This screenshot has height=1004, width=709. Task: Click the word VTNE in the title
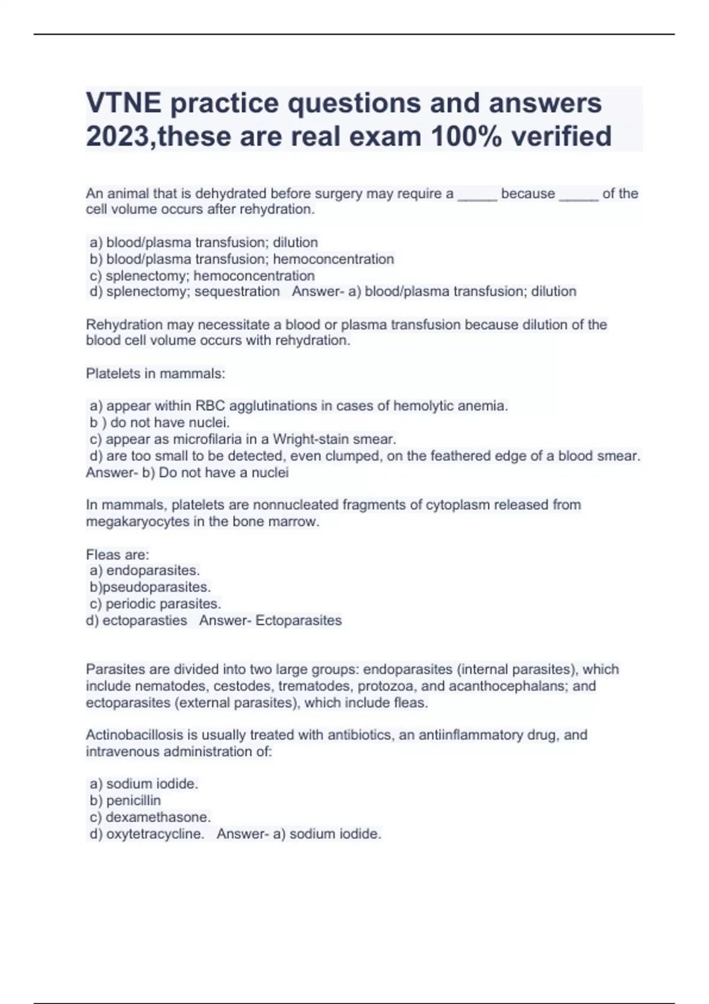click(123, 103)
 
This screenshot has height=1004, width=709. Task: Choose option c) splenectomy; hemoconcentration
click(202, 276)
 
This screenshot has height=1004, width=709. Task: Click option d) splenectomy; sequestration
click(184, 292)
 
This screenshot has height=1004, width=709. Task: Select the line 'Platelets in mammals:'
click(155, 374)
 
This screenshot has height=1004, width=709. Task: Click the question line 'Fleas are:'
click(118, 555)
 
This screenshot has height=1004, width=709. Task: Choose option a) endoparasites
click(145, 571)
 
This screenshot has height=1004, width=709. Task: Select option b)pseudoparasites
click(150, 588)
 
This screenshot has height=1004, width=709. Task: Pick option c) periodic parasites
click(155, 604)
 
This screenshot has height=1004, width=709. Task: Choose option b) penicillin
click(125, 801)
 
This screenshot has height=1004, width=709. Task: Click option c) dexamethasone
click(150, 817)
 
